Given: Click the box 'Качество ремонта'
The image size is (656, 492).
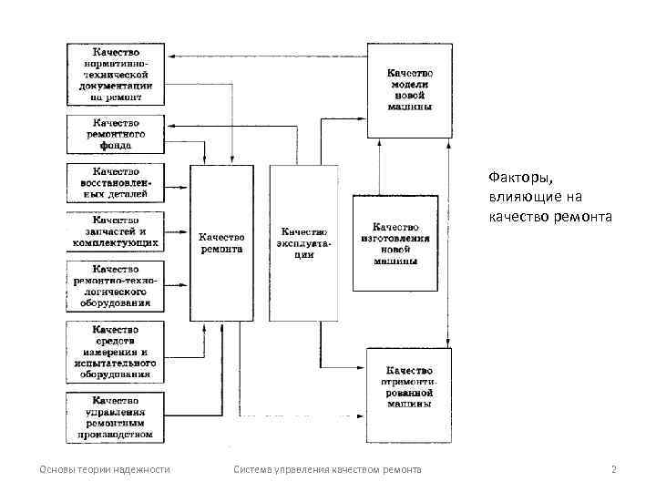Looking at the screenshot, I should point(220,242).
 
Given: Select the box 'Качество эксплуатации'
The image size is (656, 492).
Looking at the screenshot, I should point(303,242).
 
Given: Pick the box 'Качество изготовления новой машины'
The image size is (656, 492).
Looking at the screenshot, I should point(395,243).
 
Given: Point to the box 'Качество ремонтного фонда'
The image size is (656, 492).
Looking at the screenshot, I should point(116,133).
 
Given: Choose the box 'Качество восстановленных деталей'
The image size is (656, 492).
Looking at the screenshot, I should point(116,182).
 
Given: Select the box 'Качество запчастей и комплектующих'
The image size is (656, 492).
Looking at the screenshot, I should point(116,231).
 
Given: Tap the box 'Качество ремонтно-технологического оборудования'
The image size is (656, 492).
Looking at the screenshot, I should point(116,285).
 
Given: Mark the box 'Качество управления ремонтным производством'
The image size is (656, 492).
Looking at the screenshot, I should point(116,417).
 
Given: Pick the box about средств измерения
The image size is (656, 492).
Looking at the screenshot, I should point(116,352).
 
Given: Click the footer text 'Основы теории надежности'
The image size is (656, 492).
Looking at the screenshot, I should point(105,469).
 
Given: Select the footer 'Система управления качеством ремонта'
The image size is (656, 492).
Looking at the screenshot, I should point(327,469).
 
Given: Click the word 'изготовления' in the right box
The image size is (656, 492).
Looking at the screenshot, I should point(395,238).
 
